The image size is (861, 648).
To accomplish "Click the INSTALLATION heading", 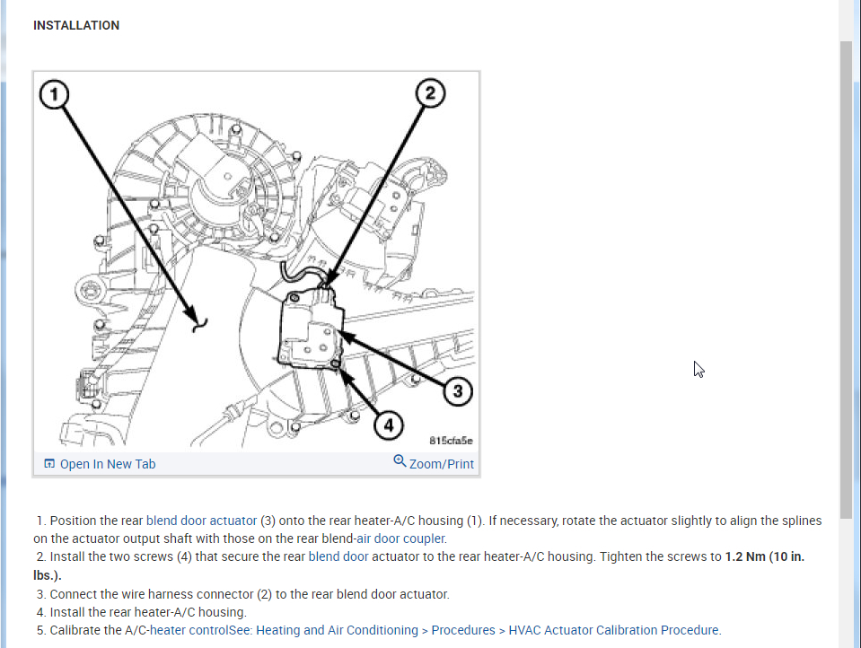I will pos(76,25).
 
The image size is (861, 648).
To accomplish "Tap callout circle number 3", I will pos(457,390).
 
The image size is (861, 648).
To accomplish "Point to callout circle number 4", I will pos(388,425).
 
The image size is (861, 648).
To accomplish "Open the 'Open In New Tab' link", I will pos(107,464).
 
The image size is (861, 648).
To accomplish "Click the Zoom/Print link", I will pos(441,464).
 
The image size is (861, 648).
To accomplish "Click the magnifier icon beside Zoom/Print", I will pos(400,461).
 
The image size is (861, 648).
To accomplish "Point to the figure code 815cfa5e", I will pos(451,441).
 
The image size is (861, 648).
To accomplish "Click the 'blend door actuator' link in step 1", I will pos(201,521).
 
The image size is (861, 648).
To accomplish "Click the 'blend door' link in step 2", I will pos(338,556).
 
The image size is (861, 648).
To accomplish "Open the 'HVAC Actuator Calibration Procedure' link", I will pos(614,630).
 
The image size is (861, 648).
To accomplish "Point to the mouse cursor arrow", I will pos(698,368).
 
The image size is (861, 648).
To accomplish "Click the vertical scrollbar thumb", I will pos(847,278).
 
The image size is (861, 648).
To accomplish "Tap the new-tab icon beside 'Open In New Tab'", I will pos(49,464).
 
